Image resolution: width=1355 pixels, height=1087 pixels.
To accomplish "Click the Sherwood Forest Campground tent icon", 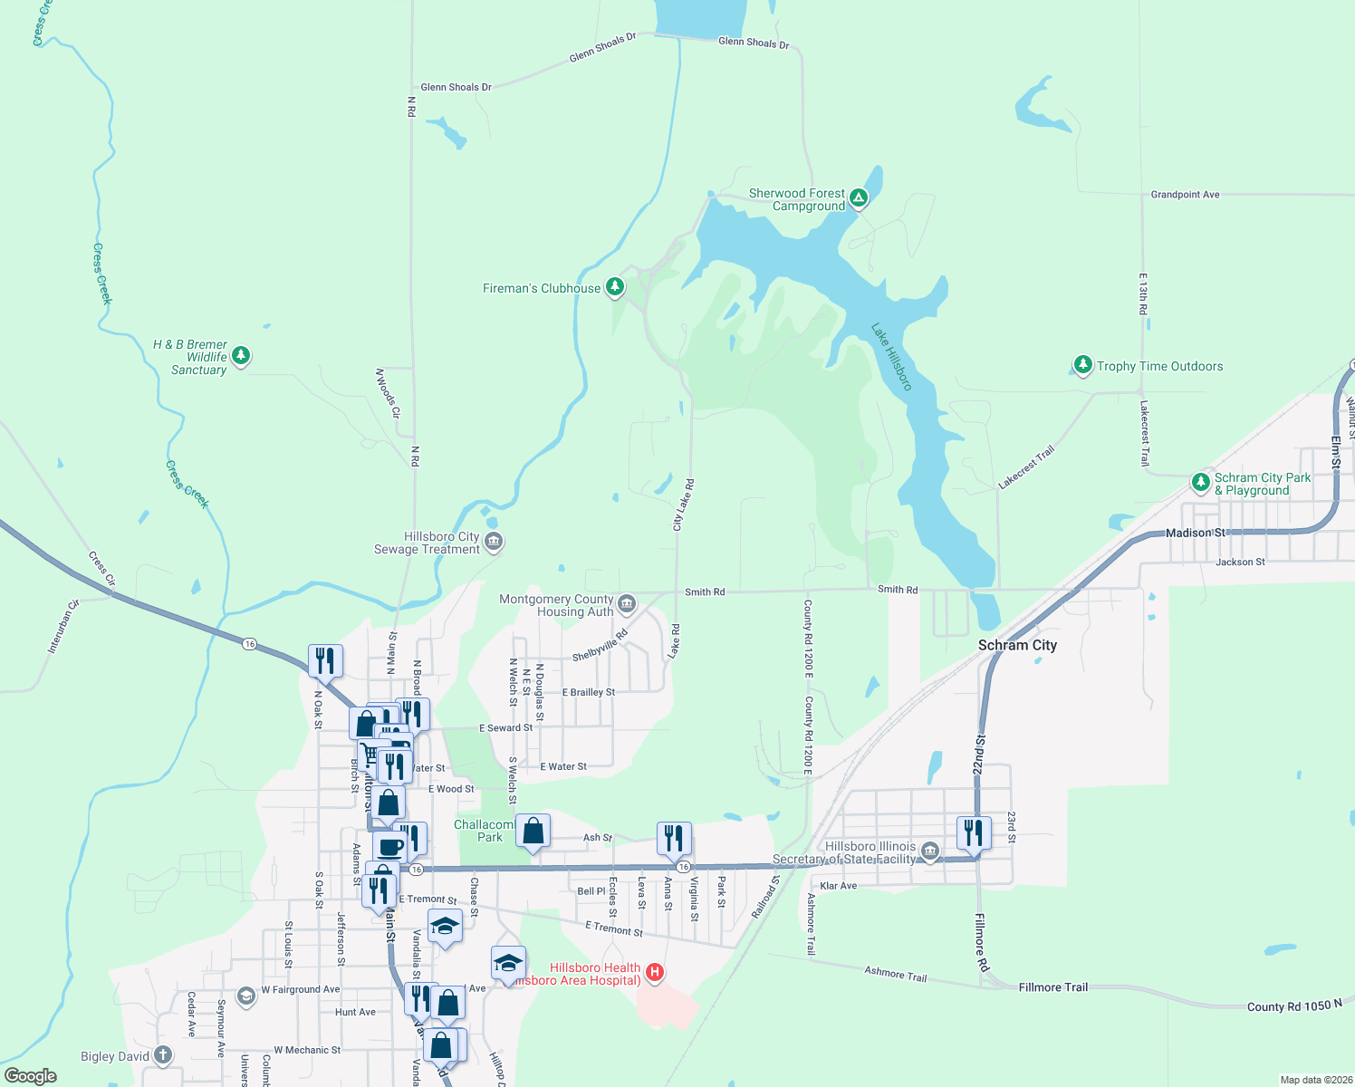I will click(859, 198).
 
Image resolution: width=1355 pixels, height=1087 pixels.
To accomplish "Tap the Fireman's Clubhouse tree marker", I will click(615, 287).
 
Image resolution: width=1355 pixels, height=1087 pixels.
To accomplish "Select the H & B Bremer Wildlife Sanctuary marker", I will click(241, 355).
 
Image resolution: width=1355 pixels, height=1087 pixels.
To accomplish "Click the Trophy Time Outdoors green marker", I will click(1083, 365).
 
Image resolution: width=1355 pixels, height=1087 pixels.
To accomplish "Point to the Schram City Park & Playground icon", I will click(1201, 482).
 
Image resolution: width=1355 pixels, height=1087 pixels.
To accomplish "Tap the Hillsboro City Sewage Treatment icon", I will click(494, 542).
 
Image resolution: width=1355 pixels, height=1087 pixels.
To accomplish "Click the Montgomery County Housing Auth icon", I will click(627, 604).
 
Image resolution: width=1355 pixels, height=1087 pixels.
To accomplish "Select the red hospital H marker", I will click(655, 973).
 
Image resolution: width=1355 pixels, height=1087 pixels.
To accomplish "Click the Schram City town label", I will click(1017, 645).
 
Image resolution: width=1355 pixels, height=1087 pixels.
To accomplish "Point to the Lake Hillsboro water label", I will click(891, 357).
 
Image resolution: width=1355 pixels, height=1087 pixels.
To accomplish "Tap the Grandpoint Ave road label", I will click(1185, 195).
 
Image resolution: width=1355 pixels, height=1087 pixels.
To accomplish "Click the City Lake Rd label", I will click(683, 505).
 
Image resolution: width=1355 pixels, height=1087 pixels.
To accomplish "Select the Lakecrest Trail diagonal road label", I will click(1026, 467).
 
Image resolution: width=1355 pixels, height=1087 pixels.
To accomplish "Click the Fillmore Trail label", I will click(1052, 987).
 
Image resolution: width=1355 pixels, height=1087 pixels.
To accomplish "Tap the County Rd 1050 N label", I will click(1294, 1005).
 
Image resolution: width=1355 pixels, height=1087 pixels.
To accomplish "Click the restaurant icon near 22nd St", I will click(974, 832).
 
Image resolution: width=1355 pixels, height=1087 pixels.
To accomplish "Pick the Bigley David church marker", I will click(163, 1055).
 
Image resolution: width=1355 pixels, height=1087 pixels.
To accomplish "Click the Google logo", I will click(31, 1076).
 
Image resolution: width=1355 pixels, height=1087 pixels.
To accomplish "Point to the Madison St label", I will click(1195, 533).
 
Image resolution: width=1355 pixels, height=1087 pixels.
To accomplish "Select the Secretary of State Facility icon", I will click(930, 851).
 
